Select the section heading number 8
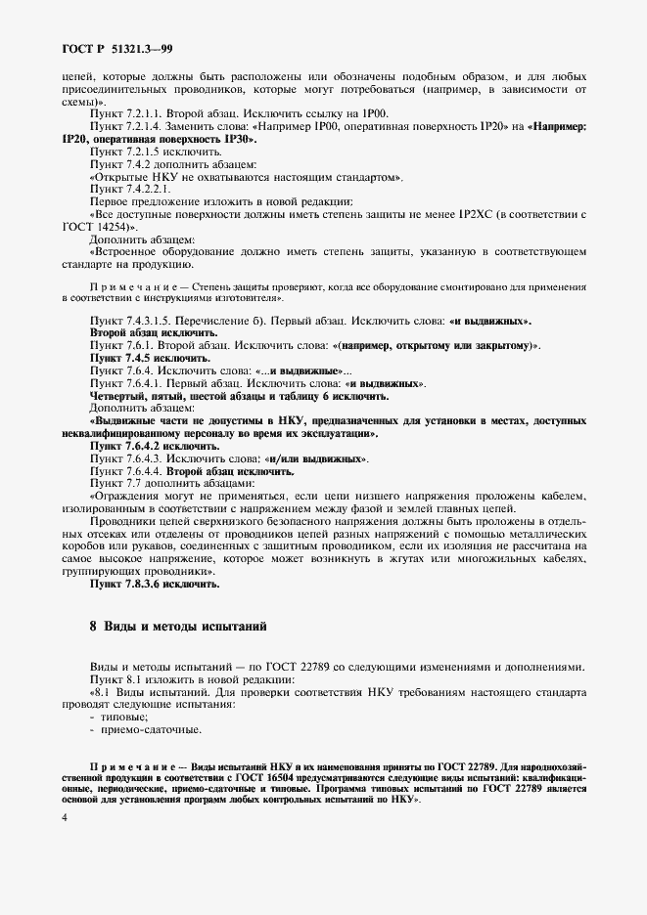coord(93,625)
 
